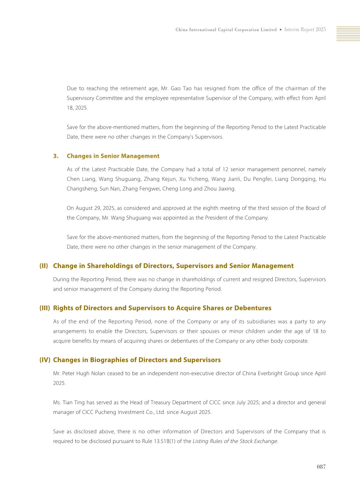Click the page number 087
click(x=321, y=467)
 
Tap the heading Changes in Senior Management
click(x=113, y=156)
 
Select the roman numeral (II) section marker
click(x=44, y=266)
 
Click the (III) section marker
click(x=44, y=308)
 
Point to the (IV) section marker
click(x=44, y=360)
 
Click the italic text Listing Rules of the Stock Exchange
click(x=235, y=441)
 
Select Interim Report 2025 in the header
click(x=305, y=30)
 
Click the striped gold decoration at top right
click(x=348, y=34)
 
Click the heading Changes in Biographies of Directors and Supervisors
click(x=137, y=360)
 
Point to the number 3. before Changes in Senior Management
click(x=56, y=156)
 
